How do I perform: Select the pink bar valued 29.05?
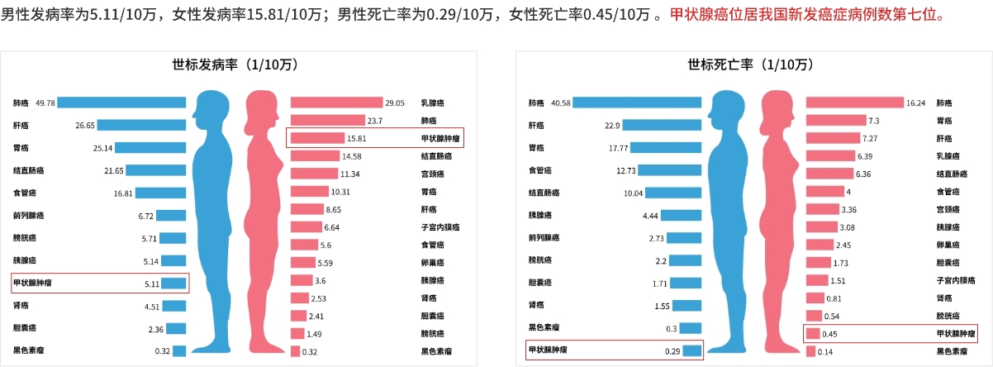(x=336, y=102)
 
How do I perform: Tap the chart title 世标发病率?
(x=234, y=64)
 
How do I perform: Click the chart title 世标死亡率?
(x=750, y=64)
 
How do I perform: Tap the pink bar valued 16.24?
(x=854, y=102)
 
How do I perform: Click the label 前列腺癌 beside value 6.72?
(x=29, y=216)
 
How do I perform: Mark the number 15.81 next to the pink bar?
(x=356, y=138)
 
